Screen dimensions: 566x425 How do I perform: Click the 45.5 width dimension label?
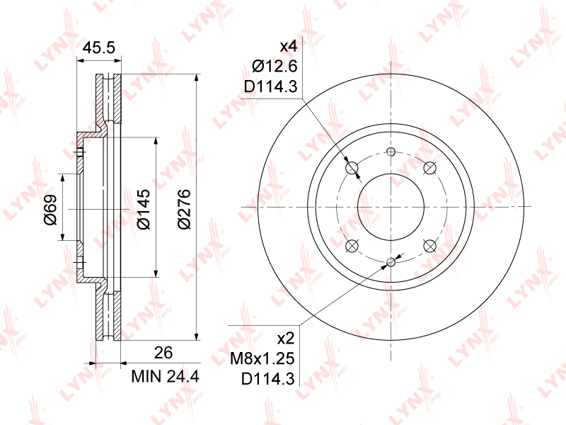[x=99, y=47]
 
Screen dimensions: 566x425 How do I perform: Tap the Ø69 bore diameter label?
[x=51, y=210]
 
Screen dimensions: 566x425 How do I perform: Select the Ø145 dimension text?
[x=144, y=209]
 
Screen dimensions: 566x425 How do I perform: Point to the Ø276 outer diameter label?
[x=184, y=209]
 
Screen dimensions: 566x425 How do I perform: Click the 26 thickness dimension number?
[x=163, y=353]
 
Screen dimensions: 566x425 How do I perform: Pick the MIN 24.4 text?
[x=166, y=377]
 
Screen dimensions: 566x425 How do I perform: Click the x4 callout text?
[x=289, y=46]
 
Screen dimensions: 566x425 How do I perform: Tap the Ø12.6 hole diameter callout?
[x=275, y=67]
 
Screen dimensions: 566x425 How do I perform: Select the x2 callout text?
[x=286, y=339]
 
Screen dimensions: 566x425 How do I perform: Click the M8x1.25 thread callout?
[x=262, y=359]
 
